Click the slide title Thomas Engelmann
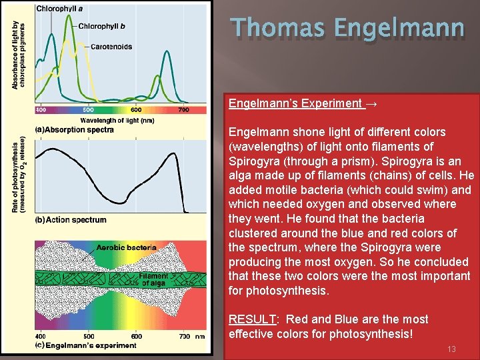pyautogui.click(x=347, y=29)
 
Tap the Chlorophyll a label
pyautogui.click(x=60, y=8)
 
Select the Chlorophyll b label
pyautogui.click(x=101, y=27)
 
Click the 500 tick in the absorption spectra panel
pyautogui.click(x=88, y=110)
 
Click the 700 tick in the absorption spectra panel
pyautogui.click(x=183, y=110)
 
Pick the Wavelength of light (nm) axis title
pyautogui.click(x=117, y=120)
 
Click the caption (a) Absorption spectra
pyautogui.click(x=74, y=129)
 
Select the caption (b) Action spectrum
pyautogui.click(x=70, y=220)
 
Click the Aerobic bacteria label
pyautogui.click(x=127, y=247)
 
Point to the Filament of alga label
pyautogui.click(x=154, y=280)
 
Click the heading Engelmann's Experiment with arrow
pyautogui.click(x=303, y=103)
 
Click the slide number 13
pyautogui.click(x=451, y=349)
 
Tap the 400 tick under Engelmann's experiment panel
pyautogui.click(x=41, y=337)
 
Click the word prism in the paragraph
pyautogui.click(x=347, y=161)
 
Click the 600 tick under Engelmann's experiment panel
pyautogui.click(x=135, y=337)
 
